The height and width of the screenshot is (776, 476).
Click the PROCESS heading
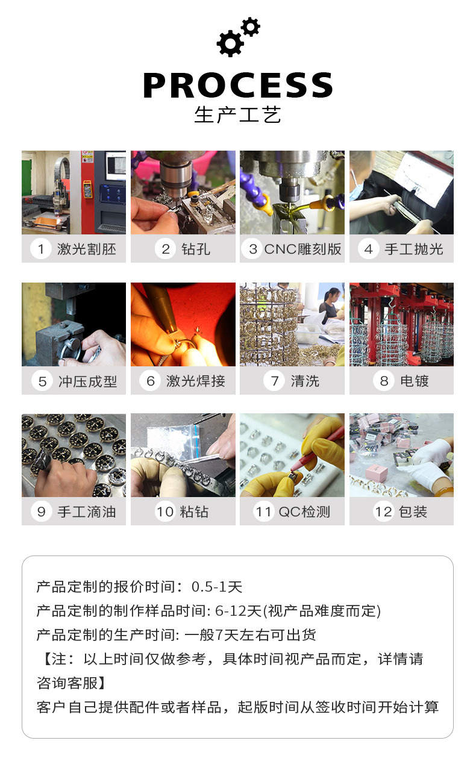(238, 85)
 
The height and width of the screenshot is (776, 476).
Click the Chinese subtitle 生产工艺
(237, 114)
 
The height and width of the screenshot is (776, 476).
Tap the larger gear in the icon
(230, 43)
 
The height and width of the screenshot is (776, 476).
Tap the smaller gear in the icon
(250, 27)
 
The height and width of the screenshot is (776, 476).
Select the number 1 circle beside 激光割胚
(41, 249)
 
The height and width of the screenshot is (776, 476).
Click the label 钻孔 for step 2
(196, 249)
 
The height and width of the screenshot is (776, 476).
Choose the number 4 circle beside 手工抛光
(368, 249)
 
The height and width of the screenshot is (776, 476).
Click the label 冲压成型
(87, 381)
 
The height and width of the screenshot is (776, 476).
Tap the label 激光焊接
(195, 381)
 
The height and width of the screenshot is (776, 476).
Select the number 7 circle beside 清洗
(274, 381)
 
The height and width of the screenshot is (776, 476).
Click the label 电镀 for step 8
(415, 381)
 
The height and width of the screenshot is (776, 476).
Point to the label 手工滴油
(87, 512)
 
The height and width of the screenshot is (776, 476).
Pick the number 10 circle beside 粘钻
(165, 512)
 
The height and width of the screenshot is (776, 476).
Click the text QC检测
(304, 512)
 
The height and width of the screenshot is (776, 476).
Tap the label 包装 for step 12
(413, 512)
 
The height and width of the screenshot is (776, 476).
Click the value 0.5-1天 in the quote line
(217, 587)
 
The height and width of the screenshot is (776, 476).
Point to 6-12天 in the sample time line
(238, 611)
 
